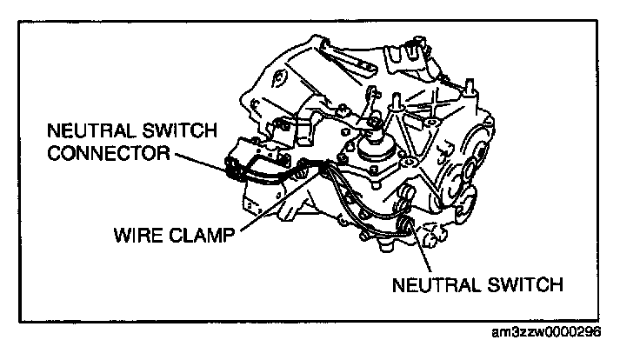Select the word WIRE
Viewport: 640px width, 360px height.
point(133,234)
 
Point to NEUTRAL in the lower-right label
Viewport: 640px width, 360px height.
point(432,283)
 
